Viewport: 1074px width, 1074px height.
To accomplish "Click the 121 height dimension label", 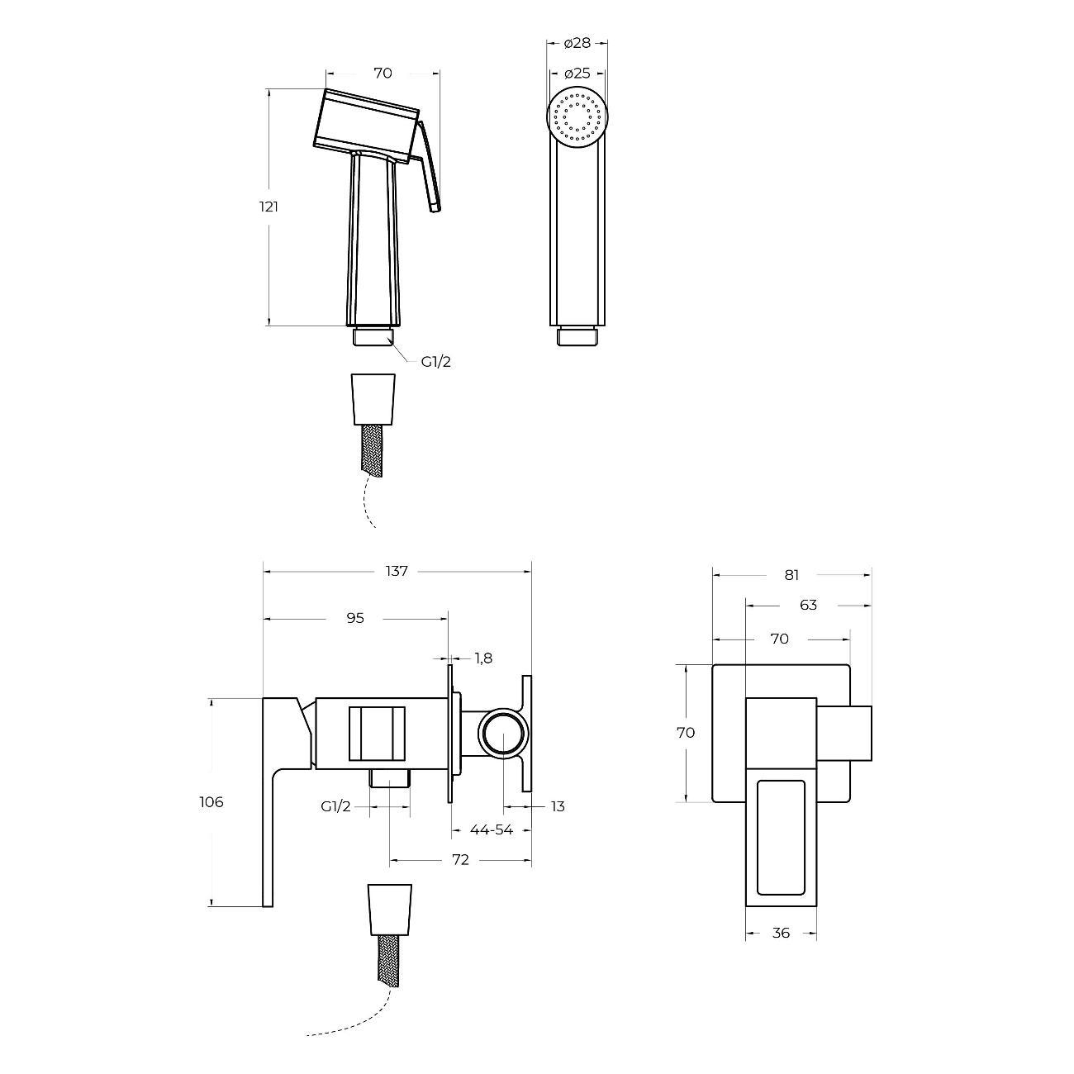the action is click(x=268, y=207).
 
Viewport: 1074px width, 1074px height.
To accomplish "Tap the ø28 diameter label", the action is click(x=577, y=43).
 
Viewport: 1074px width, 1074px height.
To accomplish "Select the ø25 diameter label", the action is click(x=577, y=73).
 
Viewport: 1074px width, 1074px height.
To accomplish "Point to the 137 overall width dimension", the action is click(x=397, y=571).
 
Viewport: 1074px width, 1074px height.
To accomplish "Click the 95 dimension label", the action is click(x=355, y=617).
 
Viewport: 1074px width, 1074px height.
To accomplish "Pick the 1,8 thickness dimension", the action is click(x=484, y=658).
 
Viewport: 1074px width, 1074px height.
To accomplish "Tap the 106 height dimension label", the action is click(x=211, y=801).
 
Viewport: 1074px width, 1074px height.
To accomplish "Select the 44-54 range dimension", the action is click(x=491, y=830).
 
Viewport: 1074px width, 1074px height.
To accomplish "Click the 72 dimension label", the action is click(x=460, y=860).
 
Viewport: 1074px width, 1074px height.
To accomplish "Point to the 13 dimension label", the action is click(x=558, y=806).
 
